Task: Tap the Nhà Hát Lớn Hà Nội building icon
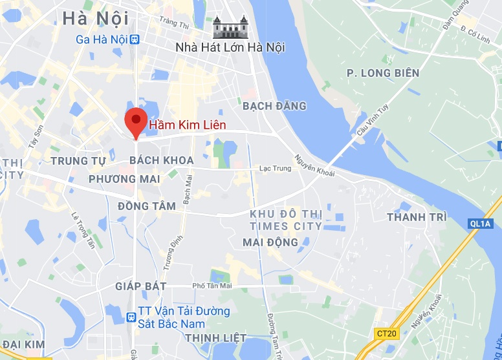(230, 28)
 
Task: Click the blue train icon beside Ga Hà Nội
(134, 39)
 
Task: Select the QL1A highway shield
(479, 224)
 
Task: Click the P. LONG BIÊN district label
(383, 73)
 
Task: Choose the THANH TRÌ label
(417, 217)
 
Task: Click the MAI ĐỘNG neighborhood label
(270, 242)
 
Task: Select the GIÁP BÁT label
(141, 286)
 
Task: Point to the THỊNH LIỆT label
(215, 337)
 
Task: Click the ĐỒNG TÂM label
(147, 206)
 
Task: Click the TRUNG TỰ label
(78, 160)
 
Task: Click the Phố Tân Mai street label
(212, 286)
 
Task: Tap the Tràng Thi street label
(173, 23)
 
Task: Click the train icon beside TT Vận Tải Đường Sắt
(132, 317)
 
